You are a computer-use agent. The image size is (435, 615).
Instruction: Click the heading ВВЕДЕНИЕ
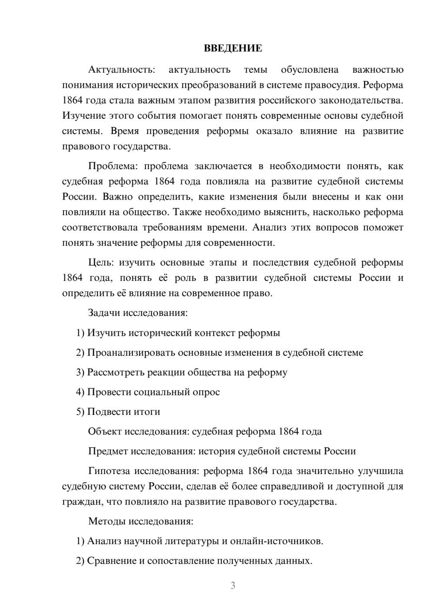coord(233,48)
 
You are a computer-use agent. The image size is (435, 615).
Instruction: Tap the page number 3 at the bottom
coord(233,585)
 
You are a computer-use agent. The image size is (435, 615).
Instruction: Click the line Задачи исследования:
coord(138,313)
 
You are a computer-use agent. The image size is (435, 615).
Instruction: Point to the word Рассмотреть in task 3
coord(115,372)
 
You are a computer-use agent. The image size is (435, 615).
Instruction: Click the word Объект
coord(105,431)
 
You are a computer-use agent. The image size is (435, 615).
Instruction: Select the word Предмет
coord(108,451)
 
